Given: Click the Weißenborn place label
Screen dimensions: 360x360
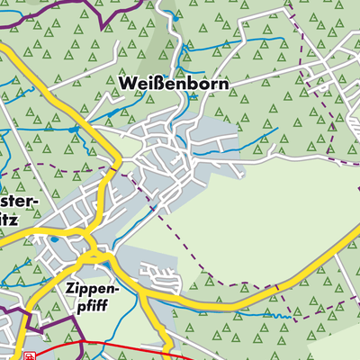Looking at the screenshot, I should (x=173, y=83).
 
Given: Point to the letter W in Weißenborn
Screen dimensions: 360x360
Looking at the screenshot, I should (x=126, y=83).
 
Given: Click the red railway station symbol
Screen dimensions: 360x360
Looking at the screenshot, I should (x=29, y=355).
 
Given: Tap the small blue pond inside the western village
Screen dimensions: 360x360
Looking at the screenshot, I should (x=54, y=240).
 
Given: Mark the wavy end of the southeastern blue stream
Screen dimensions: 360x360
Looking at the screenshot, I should (x=286, y=316).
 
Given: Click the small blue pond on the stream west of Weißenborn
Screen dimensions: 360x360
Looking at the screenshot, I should (x=72, y=130).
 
